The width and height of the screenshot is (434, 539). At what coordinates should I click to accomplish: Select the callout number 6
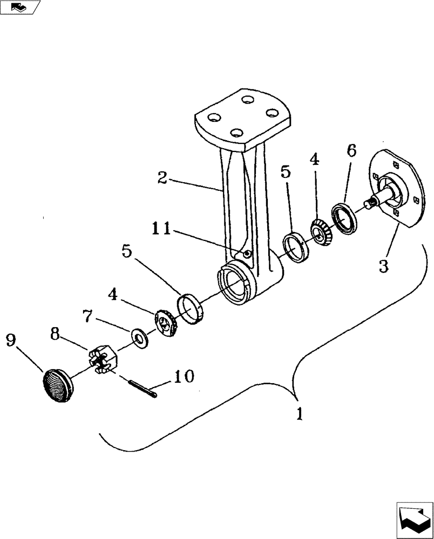pyautogui.click(x=351, y=151)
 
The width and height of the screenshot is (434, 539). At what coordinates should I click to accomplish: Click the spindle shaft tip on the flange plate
pyautogui.click(x=370, y=203)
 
